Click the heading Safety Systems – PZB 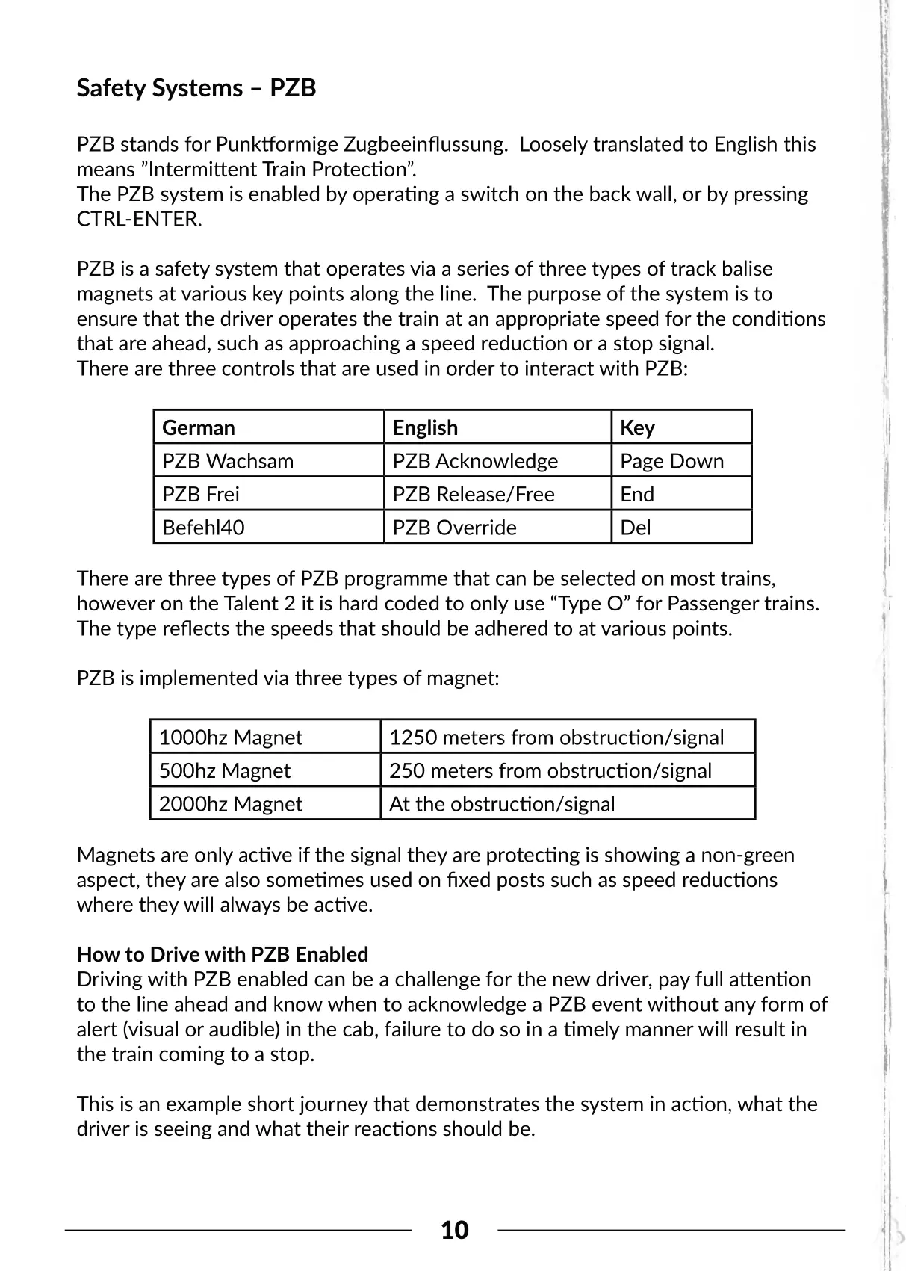[x=196, y=88]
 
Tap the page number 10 [x=455, y=1229]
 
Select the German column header [x=199, y=427]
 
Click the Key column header [x=637, y=427]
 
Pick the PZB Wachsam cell [x=228, y=460]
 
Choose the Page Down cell [x=671, y=460]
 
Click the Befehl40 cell [x=203, y=527]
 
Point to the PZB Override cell [x=454, y=527]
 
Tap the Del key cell [x=636, y=527]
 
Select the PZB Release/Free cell [x=474, y=494]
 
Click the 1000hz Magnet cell [x=230, y=737]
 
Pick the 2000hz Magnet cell [x=230, y=803]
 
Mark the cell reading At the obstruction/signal [x=502, y=803]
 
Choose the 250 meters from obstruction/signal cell [x=550, y=770]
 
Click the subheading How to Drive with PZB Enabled [x=223, y=954]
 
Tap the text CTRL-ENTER [x=139, y=220]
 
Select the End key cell [x=637, y=494]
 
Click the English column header [x=425, y=427]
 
